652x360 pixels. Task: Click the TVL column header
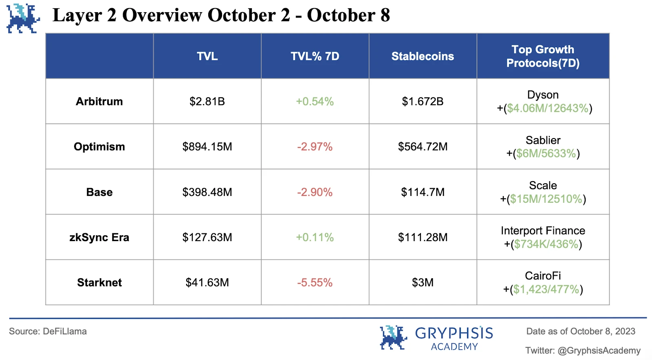(207, 56)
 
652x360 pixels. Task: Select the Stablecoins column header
(423, 56)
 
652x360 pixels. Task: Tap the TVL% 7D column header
(315, 56)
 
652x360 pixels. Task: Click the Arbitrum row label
(99, 101)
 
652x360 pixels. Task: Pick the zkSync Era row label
(99, 237)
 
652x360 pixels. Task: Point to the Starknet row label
(99, 282)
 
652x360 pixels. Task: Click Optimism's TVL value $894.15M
(207, 147)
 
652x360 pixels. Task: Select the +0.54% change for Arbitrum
(315, 101)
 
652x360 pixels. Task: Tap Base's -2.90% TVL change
(315, 192)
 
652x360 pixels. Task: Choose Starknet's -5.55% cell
(315, 282)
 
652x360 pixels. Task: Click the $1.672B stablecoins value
(423, 101)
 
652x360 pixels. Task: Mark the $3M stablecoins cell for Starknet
(423, 282)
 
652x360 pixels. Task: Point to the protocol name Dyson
(543, 95)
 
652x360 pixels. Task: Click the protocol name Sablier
(543, 140)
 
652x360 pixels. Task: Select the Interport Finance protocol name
(543, 230)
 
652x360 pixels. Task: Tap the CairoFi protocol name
(543, 276)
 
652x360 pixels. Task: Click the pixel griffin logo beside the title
(23, 18)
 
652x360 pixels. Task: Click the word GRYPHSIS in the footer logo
(454, 334)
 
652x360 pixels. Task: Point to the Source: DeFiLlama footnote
(48, 331)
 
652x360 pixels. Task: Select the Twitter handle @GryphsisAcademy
(599, 351)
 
